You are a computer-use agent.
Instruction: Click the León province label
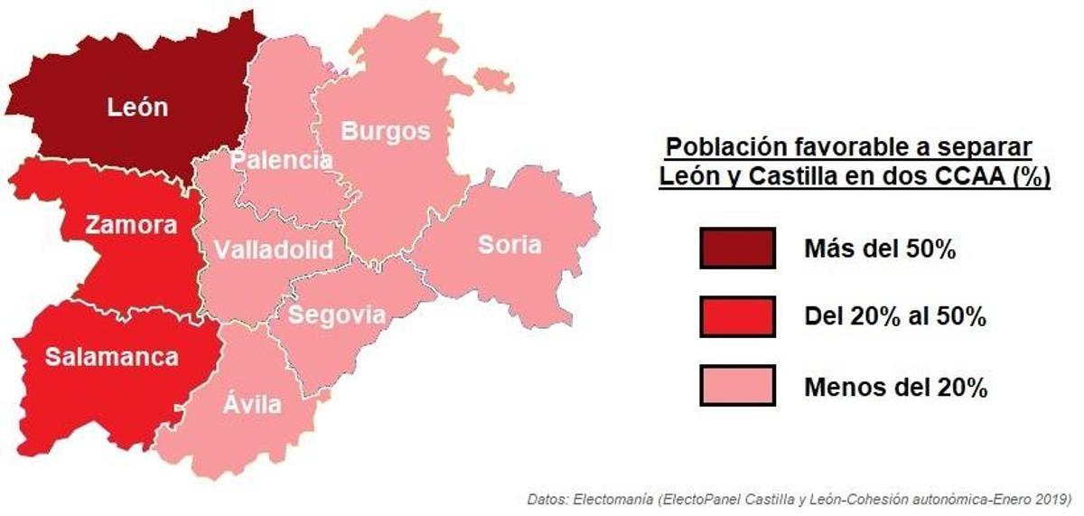pyautogui.click(x=137, y=107)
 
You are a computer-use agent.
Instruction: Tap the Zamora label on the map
pyautogui.click(x=131, y=225)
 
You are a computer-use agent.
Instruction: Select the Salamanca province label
pyautogui.click(x=112, y=357)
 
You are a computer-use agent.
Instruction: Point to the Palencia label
pyautogui.click(x=281, y=161)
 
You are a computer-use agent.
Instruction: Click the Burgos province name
pyautogui.click(x=386, y=131)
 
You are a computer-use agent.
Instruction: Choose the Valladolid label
pyautogui.click(x=274, y=250)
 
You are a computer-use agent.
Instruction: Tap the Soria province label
pyautogui.click(x=510, y=244)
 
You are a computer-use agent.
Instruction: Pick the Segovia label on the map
pyautogui.click(x=338, y=315)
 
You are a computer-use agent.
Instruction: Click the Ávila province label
pyautogui.click(x=252, y=404)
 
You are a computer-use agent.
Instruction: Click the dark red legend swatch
pyautogui.click(x=737, y=249)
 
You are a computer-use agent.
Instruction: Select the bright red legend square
pyautogui.click(x=737, y=316)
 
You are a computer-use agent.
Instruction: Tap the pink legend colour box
pyautogui.click(x=737, y=386)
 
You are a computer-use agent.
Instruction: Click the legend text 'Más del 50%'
pyautogui.click(x=879, y=250)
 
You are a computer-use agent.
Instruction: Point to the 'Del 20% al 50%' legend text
pyautogui.click(x=894, y=317)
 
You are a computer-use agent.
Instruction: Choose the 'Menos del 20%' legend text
pyautogui.click(x=894, y=388)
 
